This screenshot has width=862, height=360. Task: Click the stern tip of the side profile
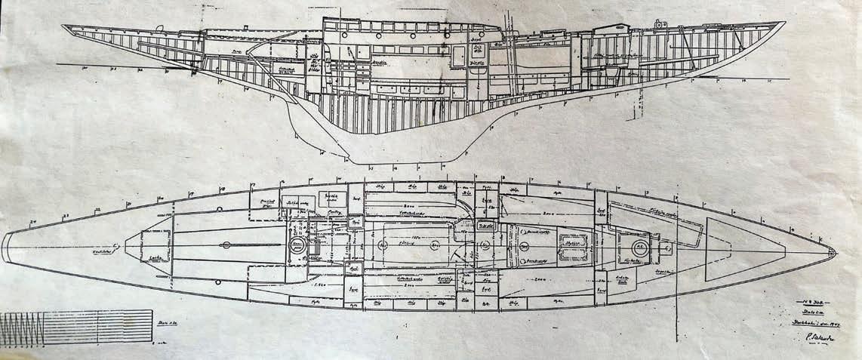[64, 26]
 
